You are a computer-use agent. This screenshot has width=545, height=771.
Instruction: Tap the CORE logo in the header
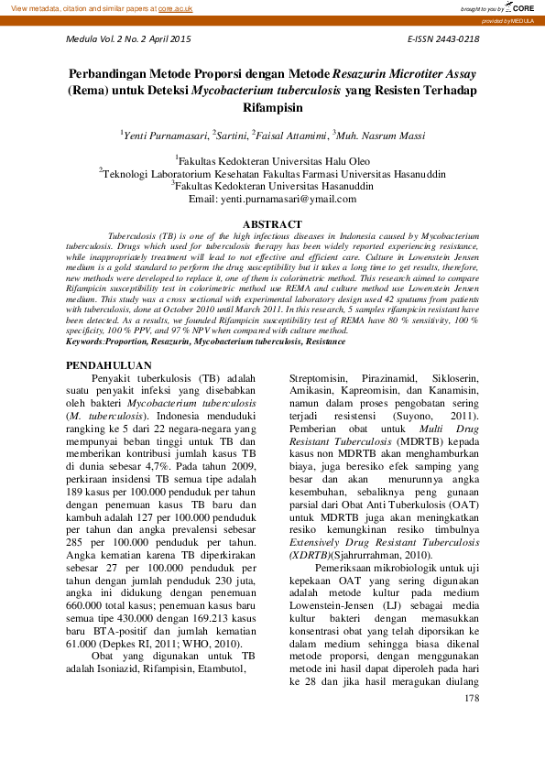[x=518, y=7]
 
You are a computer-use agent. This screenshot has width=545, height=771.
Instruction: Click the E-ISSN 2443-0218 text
[x=442, y=39]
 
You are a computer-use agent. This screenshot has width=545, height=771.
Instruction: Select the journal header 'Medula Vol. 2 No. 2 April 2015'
[x=129, y=39]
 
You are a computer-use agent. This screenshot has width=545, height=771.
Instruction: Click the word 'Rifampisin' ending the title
[x=272, y=107]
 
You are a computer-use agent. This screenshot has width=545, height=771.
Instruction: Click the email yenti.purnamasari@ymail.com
[x=272, y=198]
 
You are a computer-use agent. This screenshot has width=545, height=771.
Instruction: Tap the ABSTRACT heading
[x=272, y=224]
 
